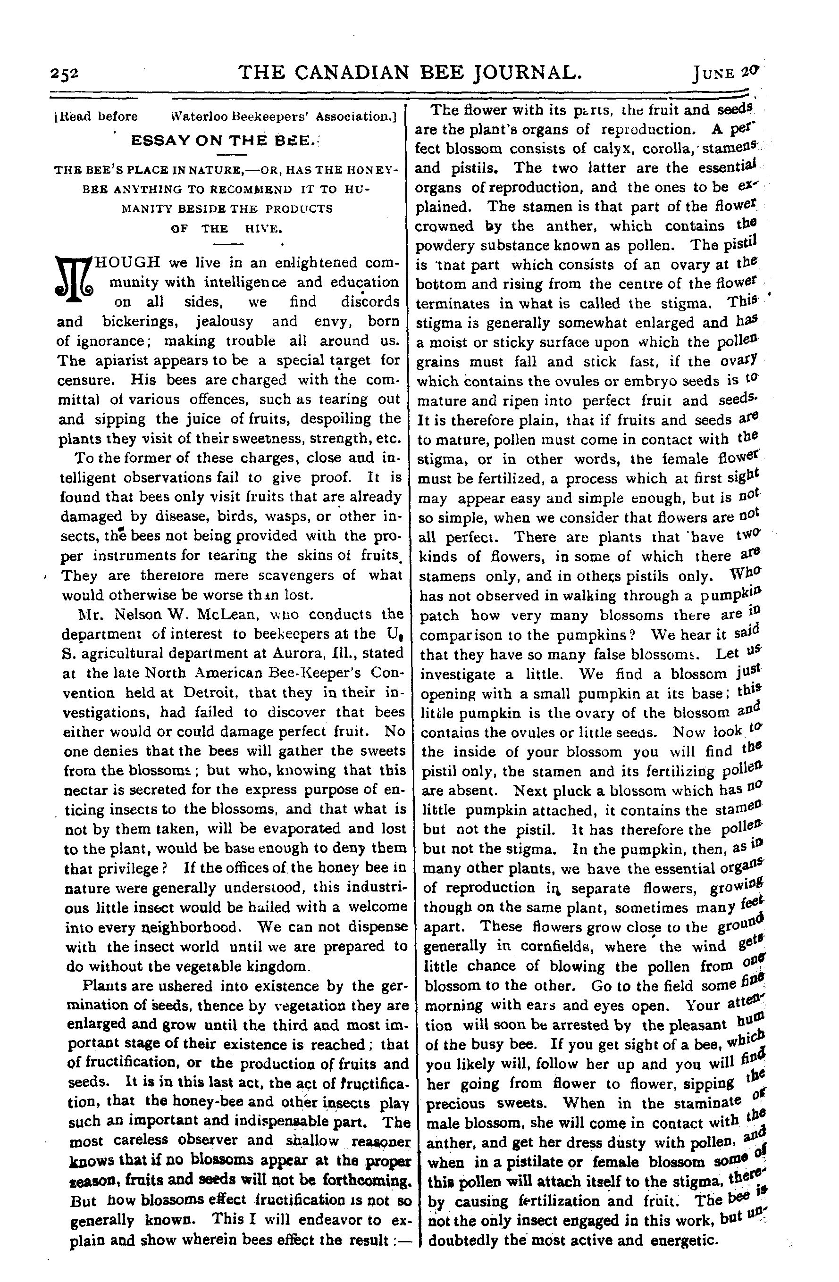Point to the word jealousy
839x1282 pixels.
pyautogui.click(x=224, y=322)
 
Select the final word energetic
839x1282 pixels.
pyautogui.click(x=684, y=1256)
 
